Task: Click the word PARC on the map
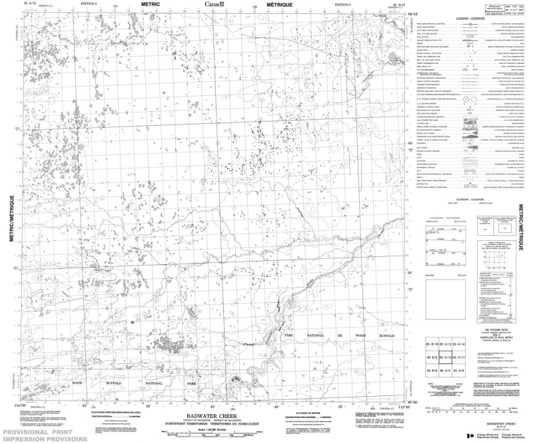point(288,335)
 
